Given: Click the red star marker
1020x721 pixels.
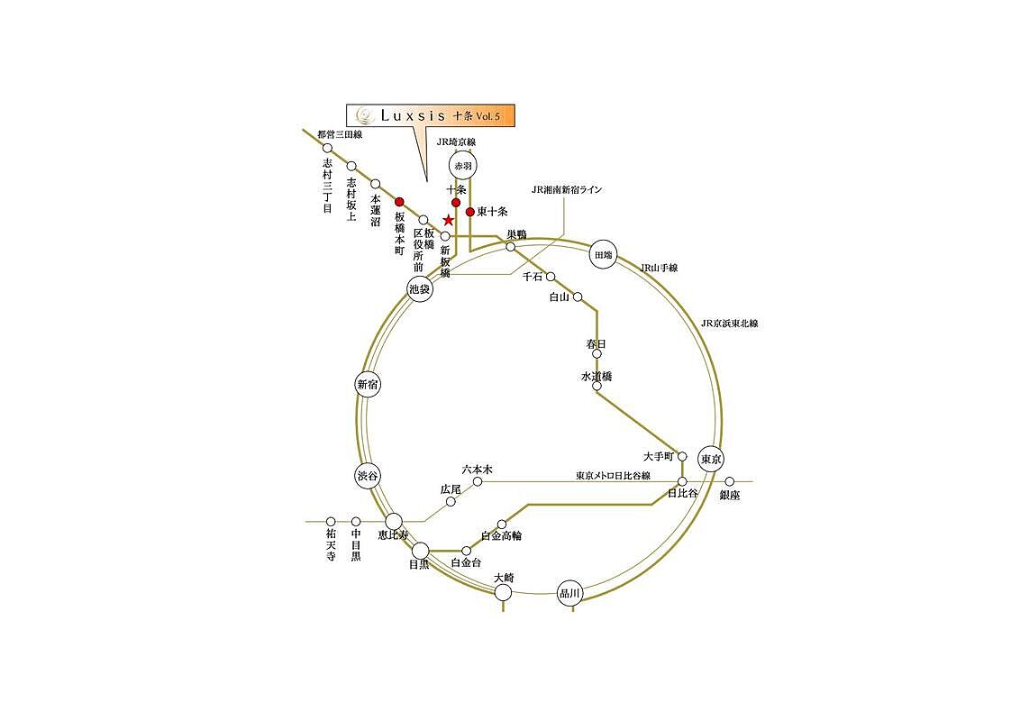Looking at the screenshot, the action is point(448,221).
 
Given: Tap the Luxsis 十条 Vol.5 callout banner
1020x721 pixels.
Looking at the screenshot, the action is point(430,116).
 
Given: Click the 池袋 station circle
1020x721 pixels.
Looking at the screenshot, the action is point(420,289).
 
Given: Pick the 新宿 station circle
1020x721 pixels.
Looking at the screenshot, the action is point(369,385).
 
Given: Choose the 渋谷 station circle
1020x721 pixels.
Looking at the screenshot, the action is point(368,476).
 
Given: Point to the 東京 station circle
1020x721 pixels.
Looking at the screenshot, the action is point(711,460).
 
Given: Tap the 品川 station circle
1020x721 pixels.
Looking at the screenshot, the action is point(569,593).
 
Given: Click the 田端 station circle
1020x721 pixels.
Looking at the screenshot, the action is point(603,255).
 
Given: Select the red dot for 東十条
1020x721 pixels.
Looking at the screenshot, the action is point(469,212).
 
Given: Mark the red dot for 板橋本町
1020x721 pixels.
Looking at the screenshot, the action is point(399,202).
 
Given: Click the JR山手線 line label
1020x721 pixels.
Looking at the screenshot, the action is point(659,268).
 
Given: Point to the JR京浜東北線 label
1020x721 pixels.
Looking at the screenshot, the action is point(730,324).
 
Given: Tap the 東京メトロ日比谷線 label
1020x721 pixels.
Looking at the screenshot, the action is point(613,476).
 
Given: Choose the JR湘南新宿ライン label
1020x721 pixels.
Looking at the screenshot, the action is point(567,189).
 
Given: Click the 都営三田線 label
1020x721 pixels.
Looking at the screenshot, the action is point(340,134).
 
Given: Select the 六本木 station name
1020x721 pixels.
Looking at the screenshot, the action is point(477,470).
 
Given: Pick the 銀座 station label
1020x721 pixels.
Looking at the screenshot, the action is point(730,495).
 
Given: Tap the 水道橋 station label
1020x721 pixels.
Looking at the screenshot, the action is point(597,376).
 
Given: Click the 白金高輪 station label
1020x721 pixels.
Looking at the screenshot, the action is point(501,536).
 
